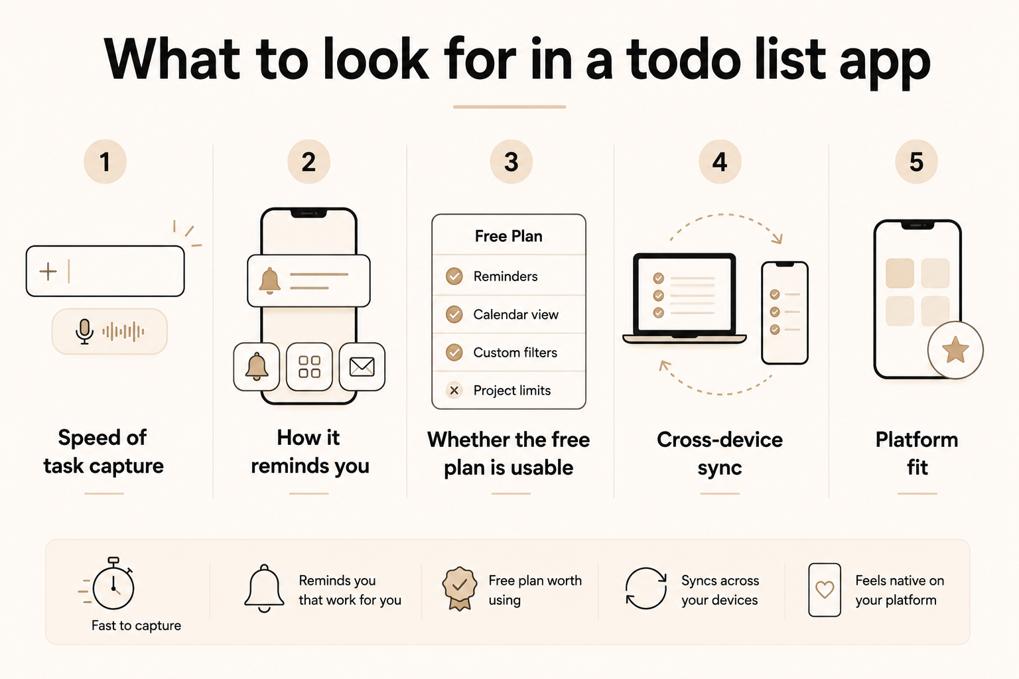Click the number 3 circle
pos(511,161)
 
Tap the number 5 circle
pos(916,161)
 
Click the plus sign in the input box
pos(48,271)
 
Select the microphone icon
pos(84,332)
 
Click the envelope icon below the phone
pos(362,367)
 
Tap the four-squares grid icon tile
pos(309,367)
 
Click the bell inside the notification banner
pos(269,280)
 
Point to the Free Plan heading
pos(509,236)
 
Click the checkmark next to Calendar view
pos(454,314)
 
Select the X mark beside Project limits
pos(454,390)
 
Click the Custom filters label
pos(515,353)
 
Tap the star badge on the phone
pos(955,350)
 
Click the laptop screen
pos(685,294)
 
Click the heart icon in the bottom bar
pos(825,590)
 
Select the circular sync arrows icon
pos(646,588)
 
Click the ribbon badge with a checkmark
pos(460,588)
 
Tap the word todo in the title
pos(684,60)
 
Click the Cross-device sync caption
pos(720,454)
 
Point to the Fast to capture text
pos(136,625)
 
